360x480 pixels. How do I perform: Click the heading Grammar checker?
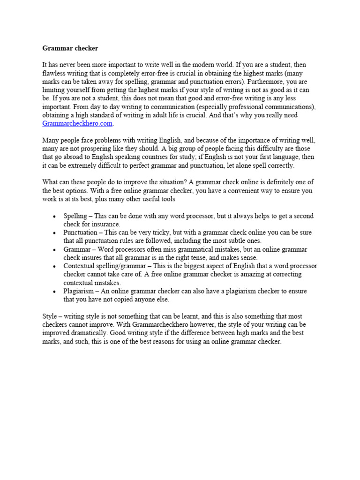(x=70, y=48)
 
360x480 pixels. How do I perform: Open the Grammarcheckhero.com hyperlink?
(x=77, y=124)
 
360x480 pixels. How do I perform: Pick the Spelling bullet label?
(x=75, y=216)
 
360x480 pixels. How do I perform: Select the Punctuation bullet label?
(x=80, y=233)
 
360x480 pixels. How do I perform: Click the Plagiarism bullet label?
(x=79, y=291)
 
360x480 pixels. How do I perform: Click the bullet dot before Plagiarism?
(x=55, y=292)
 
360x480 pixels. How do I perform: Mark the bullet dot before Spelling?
(x=55, y=217)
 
